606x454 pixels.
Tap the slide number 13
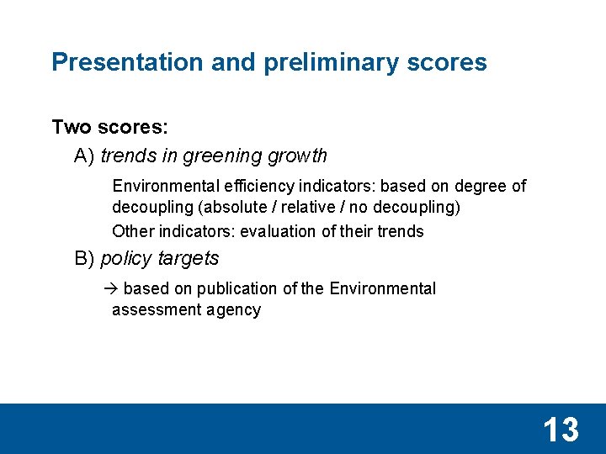click(561, 430)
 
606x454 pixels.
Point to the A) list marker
click(84, 156)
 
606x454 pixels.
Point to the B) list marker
click(84, 259)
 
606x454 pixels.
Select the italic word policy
click(125, 259)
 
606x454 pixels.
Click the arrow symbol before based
click(115, 289)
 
